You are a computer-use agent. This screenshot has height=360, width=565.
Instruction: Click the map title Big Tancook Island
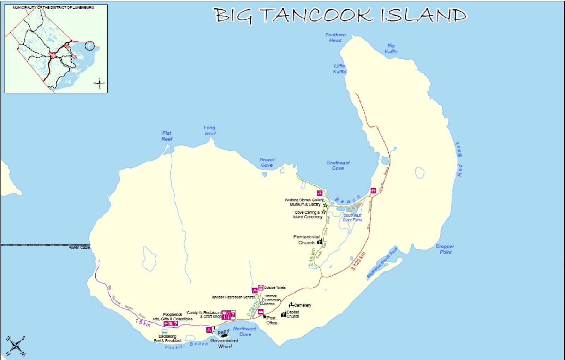(x=339, y=16)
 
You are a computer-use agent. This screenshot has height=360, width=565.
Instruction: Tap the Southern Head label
(x=335, y=37)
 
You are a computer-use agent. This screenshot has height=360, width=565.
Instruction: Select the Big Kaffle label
(x=391, y=49)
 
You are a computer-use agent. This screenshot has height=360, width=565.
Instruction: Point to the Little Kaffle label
(x=339, y=69)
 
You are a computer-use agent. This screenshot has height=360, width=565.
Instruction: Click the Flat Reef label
(x=167, y=136)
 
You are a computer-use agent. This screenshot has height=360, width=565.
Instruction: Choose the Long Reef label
(x=210, y=131)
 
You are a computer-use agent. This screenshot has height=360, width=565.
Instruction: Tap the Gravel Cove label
(x=267, y=163)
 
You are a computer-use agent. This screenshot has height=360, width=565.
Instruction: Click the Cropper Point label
(x=445, y=249)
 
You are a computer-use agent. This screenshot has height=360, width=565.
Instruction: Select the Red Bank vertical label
(x=459, y=159)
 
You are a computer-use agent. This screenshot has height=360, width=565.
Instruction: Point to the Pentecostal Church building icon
(x=320, y=242)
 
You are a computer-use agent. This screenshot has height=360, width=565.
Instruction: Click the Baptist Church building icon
(x=284, y=314)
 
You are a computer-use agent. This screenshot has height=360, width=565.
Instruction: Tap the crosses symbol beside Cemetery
(x=291, y=305)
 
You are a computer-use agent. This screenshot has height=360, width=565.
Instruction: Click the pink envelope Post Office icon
(x=261, y=312)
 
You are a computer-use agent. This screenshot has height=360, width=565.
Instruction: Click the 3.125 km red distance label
(x=358, y=261)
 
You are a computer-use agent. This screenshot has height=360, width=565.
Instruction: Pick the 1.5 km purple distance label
(x=143, y=323)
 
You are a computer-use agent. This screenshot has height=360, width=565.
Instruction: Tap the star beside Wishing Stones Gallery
(x=325, y=205)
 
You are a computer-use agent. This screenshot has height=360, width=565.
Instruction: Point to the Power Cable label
(x=79, y=248)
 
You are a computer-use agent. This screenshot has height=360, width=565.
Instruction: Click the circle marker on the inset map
(x=90, y=46)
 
